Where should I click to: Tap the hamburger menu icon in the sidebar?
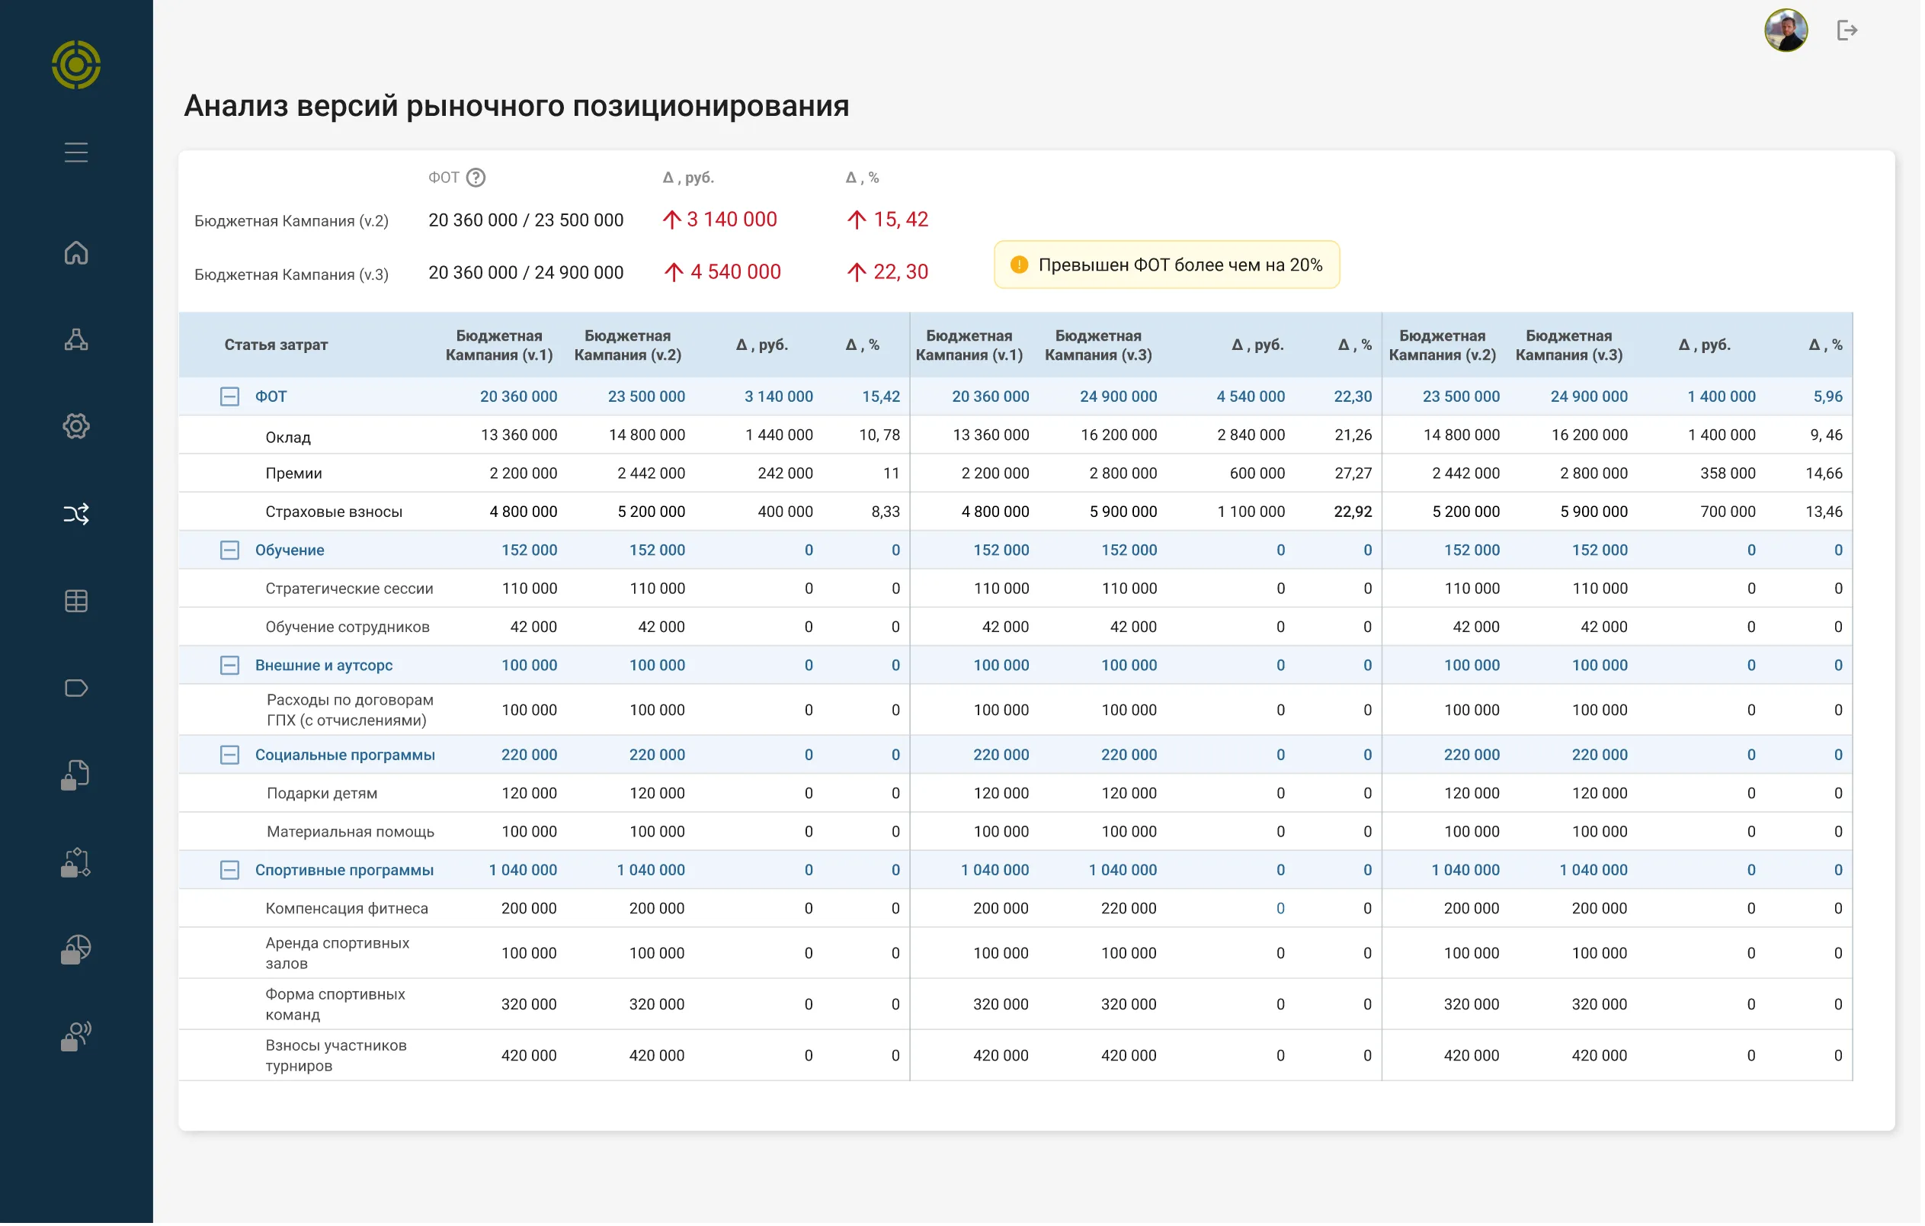tap(76, 152)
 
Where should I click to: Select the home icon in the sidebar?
tap(76, 252)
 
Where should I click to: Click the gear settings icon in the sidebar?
tap(76, 426)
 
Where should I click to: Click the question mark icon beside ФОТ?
tap(476, 178)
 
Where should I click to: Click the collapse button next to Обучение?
tap(229, 550)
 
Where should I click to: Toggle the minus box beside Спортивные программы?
tap(229, 871)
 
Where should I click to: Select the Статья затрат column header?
tap(277, 345)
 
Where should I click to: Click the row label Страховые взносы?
tap(334, 512)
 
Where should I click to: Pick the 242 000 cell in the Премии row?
tap(786, 474)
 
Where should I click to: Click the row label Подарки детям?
tap(322, 794)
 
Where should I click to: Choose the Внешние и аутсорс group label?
tap(325, 666)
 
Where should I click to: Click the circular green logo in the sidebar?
tap(76, 65)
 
